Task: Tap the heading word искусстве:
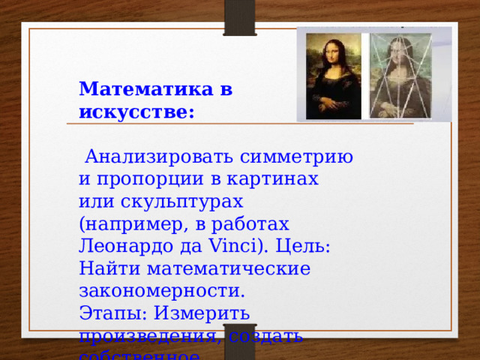(x=136, y=112)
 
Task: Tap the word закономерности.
(x=162, y=290)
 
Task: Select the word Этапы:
(x=111, y=313)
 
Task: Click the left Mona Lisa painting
(x=331, y=75)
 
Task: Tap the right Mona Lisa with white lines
(x=408, y=75)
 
